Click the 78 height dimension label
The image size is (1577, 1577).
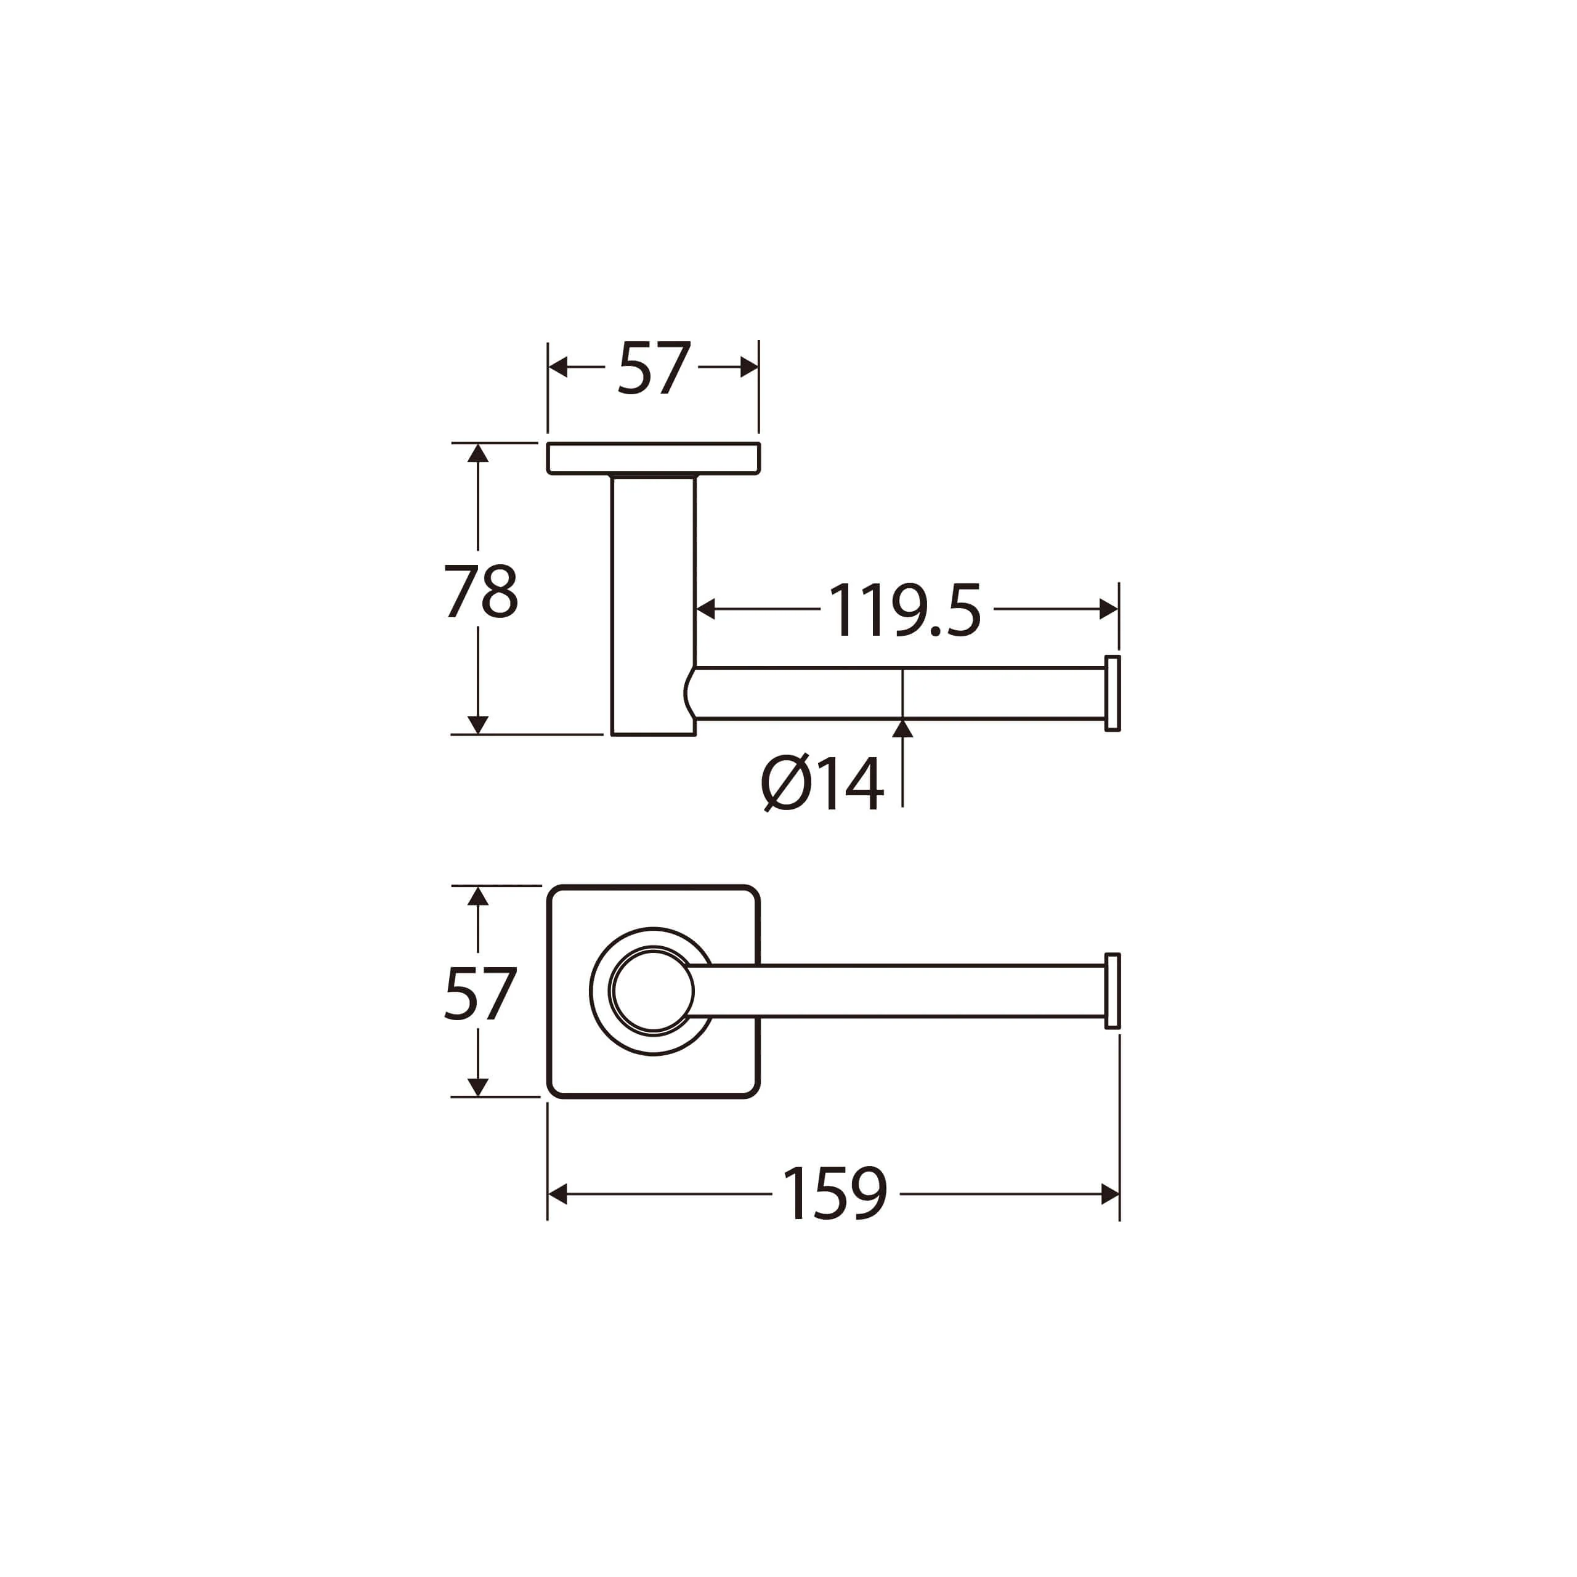point(480,591)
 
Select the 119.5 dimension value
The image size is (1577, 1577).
point(905,610)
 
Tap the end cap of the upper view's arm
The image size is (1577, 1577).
point(1112,693)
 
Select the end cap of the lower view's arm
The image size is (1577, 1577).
point(1112,991)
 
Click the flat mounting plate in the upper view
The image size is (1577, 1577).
point(653,458)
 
